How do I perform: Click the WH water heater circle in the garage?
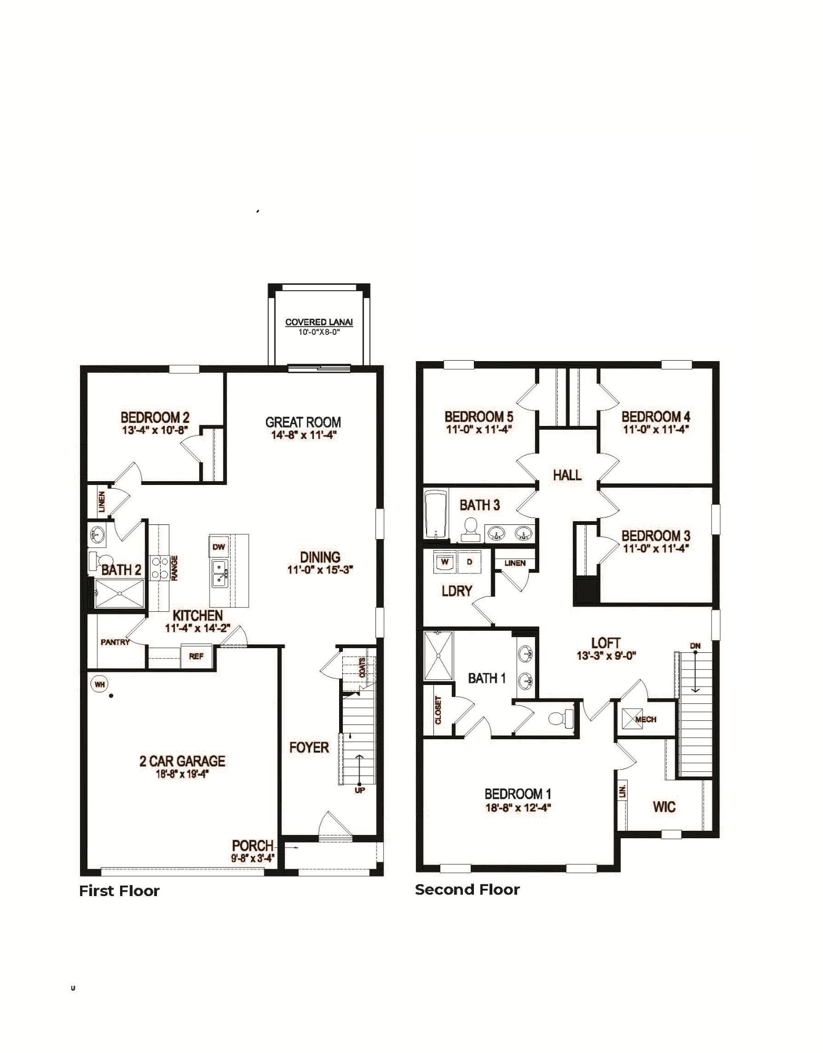100,684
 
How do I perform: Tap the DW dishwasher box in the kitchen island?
219,547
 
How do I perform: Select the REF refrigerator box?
196,656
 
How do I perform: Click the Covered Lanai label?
319,322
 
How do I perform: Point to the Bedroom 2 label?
155,418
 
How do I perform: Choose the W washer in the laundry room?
445,562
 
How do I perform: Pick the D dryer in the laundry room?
470,562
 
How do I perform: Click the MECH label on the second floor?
646,719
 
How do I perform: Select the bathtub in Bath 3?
436,514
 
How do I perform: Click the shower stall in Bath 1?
438,656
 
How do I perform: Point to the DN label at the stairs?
695,646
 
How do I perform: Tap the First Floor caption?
119,891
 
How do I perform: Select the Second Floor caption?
467,890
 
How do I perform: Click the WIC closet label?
664,807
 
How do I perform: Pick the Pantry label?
115,642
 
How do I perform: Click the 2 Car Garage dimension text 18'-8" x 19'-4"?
182,773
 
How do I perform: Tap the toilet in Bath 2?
98,560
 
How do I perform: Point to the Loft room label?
606,643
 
